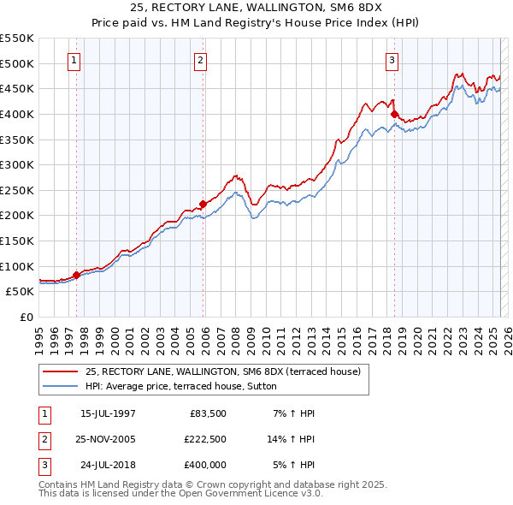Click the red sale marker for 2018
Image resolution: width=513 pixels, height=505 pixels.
[x=395, y=114]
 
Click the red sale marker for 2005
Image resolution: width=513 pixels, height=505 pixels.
[x=203, y=204]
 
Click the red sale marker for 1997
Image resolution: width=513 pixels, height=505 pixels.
[x=77, y=274]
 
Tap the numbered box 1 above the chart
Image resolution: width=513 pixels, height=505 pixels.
[x=75, y=61]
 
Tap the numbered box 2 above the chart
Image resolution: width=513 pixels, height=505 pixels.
[x=200, y=61]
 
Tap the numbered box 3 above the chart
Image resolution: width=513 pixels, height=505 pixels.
[x=392, y=61]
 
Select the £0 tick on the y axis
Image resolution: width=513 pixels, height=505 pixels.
[x=27, y=317]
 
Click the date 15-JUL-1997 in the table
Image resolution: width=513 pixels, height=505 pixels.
[x=108, y=413]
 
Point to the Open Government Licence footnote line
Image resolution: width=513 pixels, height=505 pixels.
[x=180, y=494]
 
